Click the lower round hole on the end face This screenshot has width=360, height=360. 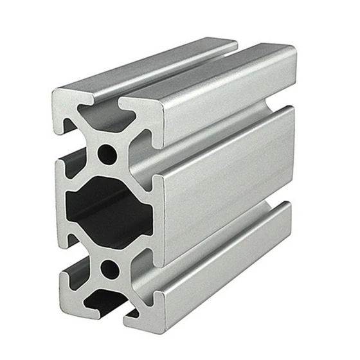110,267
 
